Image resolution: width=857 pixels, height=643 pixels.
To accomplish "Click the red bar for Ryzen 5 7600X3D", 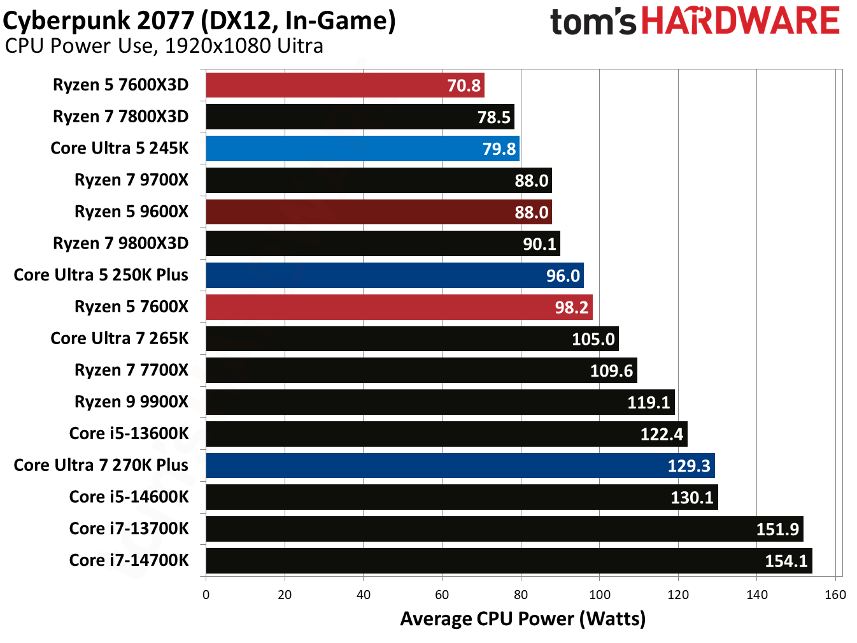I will tap(344, 85).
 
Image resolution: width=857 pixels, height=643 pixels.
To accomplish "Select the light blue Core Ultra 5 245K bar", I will tap(362, 148).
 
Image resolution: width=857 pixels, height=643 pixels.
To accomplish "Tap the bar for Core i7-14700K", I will tap(508, 561).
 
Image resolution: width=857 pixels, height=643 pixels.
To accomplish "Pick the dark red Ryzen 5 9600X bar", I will tap(378, 212).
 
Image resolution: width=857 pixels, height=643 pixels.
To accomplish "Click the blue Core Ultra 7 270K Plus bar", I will tap(460, 465).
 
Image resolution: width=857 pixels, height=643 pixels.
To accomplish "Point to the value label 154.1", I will tap(786, 561).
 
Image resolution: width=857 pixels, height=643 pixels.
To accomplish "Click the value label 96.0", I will tap(563, 276).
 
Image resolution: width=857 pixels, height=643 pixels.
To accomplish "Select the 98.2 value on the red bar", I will tap(571, 308).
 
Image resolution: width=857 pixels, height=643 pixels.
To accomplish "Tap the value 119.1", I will tap(648, 402).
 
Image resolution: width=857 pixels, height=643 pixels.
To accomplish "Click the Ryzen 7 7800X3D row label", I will tap(120, 117).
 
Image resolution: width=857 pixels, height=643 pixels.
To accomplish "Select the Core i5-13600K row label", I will tap(129, 433).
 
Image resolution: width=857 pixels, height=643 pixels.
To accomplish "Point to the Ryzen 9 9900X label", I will tap(131, 402).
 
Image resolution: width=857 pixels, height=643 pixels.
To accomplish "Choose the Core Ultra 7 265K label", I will tap(119, 338).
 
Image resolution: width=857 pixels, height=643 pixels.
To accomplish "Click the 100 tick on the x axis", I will tap(599, 595).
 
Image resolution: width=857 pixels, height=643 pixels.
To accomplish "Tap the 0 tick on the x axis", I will tap(206, 595).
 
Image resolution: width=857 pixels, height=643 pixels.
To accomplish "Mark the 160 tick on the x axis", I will tap(835, 595).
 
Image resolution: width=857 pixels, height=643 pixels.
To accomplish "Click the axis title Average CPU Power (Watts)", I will tap(523, 619).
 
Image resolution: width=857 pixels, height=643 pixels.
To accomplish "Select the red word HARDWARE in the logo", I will tap(740, 21).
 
